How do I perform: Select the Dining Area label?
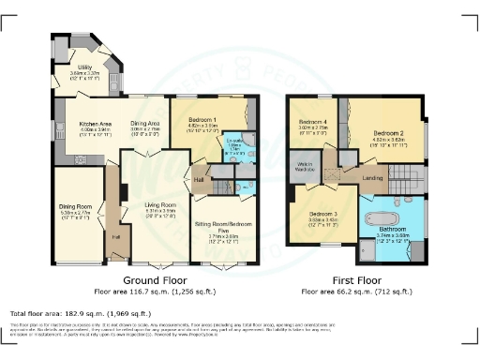pyautogui.click(x=143, y=123)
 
